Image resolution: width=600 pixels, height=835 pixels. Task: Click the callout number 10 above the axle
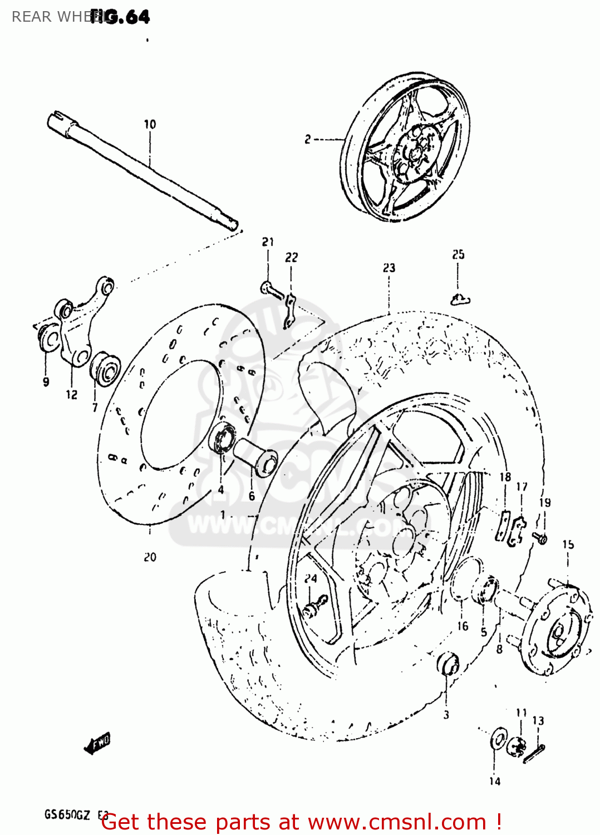click(x=150, y=124)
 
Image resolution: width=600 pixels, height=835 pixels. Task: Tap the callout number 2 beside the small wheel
click(x=308, y=139)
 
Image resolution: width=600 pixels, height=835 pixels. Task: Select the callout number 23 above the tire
click(x=388, y=268)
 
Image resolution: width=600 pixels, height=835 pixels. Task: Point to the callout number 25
click(x=458, y=254)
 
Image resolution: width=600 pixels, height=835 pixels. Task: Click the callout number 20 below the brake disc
click(x=150, y=557)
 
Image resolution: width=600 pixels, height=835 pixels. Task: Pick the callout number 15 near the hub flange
click(x=568, y=544)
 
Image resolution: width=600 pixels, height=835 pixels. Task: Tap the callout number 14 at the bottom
click(x=495, y=781)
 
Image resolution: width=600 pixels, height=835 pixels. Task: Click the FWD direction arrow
click(x=98, y=743)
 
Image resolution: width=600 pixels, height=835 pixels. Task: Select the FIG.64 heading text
click(x=120, y=17)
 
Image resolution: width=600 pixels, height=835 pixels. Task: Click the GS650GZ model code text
click(x=67, y=815)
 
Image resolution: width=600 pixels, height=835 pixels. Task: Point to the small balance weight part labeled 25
click(x=460, y=300)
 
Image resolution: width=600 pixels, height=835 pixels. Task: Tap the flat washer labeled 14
click(x=498, y=741)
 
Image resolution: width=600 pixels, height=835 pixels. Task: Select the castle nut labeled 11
click(x=518, y=748)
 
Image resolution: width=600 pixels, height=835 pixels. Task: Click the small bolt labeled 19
click(x=540, y=538)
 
